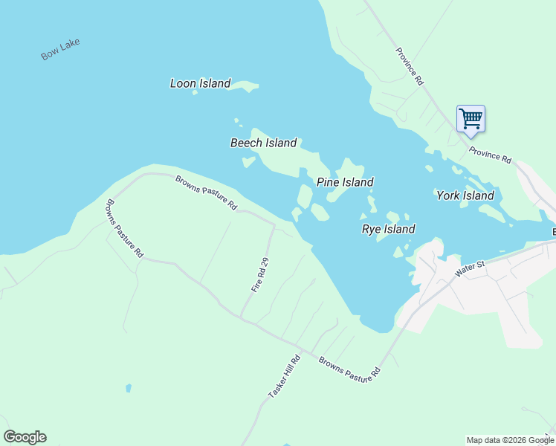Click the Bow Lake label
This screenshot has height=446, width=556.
pyautogui.click(x=60, y=49)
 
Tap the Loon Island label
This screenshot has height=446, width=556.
pyautogui.click(x=200, y=83)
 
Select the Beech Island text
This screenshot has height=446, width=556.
pyautogui.click(x=263, y=143)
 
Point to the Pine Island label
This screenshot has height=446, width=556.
pyautogui.click(x=345, y=182)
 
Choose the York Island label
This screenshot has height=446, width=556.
pyautogui.click(x=465, y=195)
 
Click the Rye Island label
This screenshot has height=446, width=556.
pyautogui.click(x=388, y=229)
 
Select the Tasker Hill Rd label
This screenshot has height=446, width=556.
pyautogui.click(x=282, y=381)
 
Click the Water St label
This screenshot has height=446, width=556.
pyautogui.click(x=469, y=269)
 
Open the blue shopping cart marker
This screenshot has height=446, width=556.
pyautogui.click(x=471, y=118)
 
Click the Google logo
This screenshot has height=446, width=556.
pyautogui.click(x=25, y=437)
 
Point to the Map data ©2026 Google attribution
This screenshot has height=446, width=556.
pyautogui.click(x=510, y=440)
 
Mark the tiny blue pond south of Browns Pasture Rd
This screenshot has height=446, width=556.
pyautogui.click(x=129, y=388)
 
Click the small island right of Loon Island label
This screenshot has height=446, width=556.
pyautogui.click(x=244, y=87)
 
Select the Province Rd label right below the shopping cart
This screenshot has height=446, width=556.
pyautogui.click(x=491, y=155)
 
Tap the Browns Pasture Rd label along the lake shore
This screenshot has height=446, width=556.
pyautogui.click(x=206, y=192)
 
